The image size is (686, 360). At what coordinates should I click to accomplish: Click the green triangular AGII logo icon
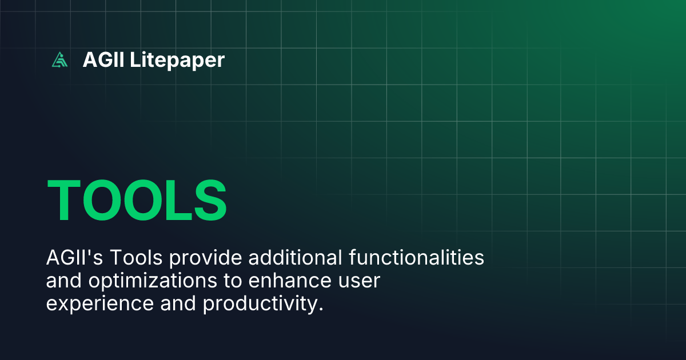59,59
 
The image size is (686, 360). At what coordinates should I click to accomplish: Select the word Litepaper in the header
177,59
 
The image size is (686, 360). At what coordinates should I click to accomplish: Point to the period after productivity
321,310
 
